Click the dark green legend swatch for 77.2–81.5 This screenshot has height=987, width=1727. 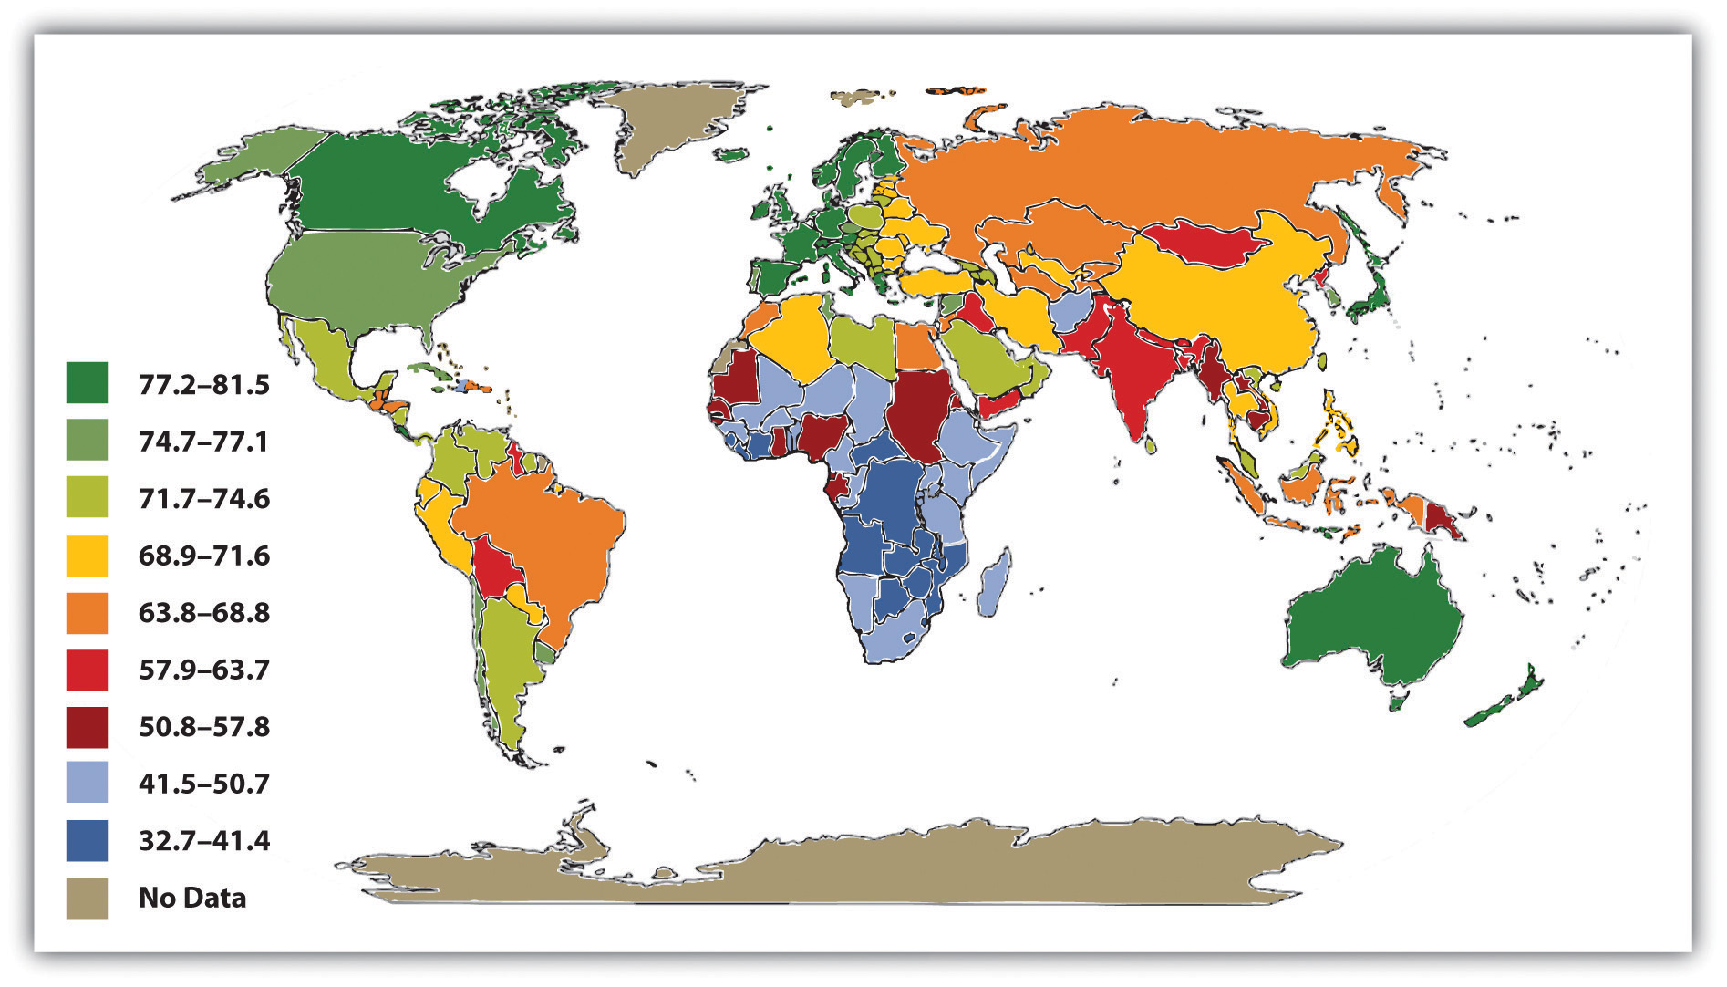coord(87,383)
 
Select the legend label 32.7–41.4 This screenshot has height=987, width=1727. coord(203,841)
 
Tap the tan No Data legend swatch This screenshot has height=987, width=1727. coord(87,899)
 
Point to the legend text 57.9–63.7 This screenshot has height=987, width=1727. coord(203,670)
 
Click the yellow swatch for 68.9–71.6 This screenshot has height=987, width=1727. coord(87,556)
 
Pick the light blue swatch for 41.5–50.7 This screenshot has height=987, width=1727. coord(87,783)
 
